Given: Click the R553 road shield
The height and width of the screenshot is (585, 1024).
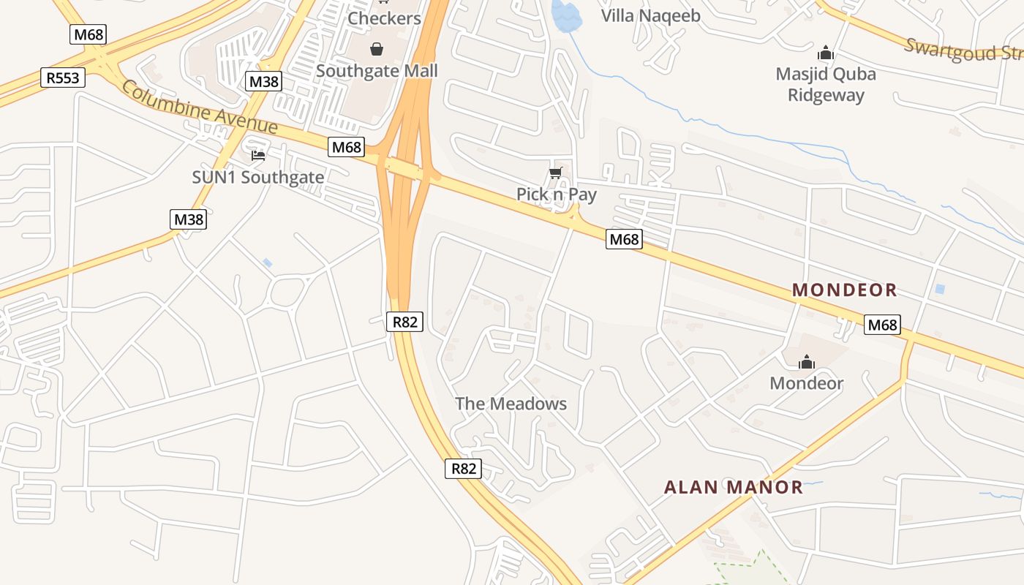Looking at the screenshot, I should click(63, 78).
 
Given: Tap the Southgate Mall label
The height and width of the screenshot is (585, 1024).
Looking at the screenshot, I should click(377, 71).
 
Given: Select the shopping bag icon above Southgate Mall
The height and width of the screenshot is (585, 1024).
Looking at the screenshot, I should click(376, 49).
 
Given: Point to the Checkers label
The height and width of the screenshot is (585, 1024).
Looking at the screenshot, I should click(384, 18).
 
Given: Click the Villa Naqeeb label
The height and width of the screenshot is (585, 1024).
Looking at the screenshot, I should click(650, 16).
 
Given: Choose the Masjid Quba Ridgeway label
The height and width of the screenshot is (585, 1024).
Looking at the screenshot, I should click(826, 84).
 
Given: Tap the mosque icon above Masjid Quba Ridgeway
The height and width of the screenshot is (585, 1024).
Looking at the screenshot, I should click(826, 53).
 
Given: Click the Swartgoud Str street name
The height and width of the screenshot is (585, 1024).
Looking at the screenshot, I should click(962, 50).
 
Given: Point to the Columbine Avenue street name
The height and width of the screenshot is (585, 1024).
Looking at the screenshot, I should click(199, 107).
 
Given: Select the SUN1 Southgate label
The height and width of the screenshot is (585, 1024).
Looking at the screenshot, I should click(257, 177).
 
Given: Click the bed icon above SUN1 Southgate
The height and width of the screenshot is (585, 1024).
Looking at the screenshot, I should click(257, 155).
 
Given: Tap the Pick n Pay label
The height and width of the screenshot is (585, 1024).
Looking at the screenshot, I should click(557, 195).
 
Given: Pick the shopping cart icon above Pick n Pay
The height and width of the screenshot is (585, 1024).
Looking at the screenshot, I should click(556, 173).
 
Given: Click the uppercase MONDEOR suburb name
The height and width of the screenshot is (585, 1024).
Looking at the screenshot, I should click(845, 290).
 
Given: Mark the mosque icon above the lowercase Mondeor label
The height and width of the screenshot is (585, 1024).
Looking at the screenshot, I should click(807, 362).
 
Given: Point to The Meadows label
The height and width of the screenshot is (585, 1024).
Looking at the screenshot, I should click(511, 404).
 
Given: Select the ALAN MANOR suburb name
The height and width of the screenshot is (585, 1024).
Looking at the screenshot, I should click(733, 487).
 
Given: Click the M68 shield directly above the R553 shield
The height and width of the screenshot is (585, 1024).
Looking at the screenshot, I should click(89, 34).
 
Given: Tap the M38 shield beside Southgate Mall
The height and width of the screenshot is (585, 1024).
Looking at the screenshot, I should click(263, 81).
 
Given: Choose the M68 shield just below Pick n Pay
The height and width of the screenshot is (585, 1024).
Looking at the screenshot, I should click(624, 239).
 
